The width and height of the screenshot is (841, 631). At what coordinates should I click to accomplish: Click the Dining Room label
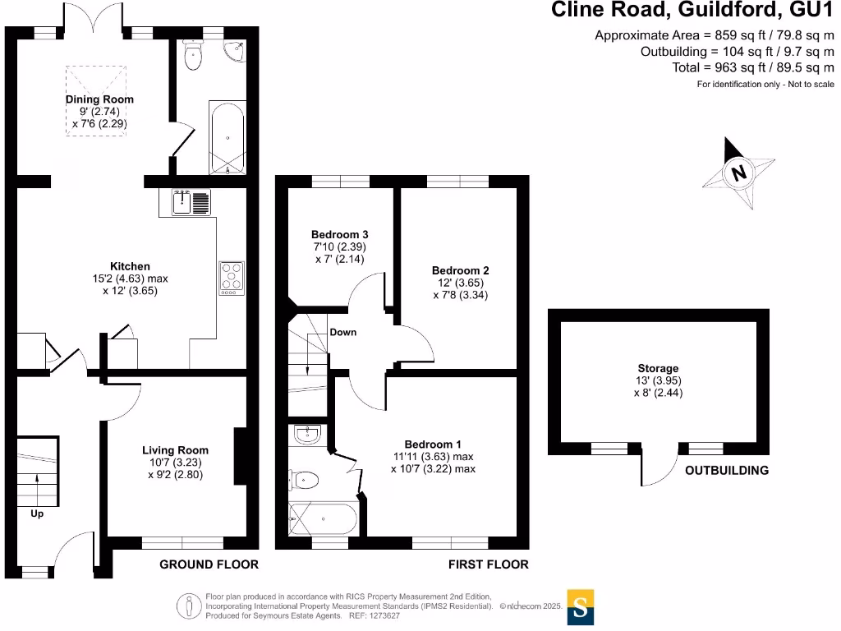click(99, 99)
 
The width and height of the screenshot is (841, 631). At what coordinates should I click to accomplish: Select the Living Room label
click(175, 450)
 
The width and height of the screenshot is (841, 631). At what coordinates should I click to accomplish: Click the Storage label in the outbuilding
click(658, 368)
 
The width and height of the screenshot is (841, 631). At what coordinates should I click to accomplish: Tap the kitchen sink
click(191, 202)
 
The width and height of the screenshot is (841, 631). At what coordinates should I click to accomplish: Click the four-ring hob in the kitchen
click(231, 278)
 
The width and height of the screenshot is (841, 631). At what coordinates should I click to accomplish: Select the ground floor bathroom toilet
click(194, 56)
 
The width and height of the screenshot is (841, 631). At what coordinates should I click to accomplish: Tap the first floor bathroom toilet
click(305, 478)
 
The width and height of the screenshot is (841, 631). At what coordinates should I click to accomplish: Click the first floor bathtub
click(323, 519)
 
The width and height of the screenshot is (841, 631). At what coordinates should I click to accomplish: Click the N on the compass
click(738, 173)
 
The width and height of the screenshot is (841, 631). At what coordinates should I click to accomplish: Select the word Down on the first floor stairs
click(342, 333)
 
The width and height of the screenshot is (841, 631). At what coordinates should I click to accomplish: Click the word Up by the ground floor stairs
click(37, 514)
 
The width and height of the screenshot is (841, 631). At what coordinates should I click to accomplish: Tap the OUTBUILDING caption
click(727, 471)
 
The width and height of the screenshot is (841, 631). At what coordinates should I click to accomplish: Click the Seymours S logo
click(580, 607)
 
